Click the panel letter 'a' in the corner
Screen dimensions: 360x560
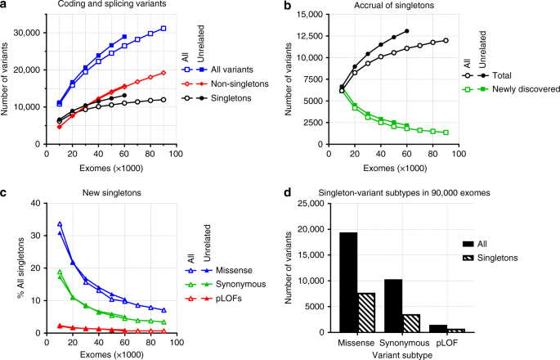(6, 7)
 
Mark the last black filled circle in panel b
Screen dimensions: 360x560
(406, 31)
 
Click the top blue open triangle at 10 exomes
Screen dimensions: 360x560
(59, 223)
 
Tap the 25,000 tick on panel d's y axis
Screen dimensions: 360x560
(329, 203)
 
